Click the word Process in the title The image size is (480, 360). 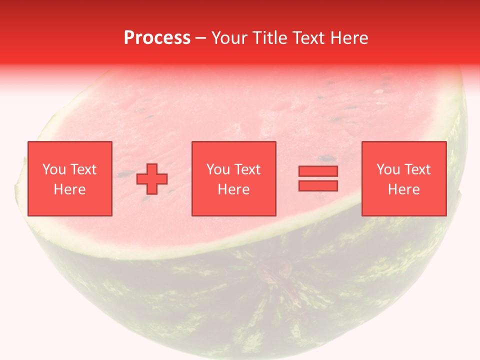[x=157, y=38]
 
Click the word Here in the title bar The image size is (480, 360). [x=350, y=38]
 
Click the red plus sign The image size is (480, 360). [x=152, y=179]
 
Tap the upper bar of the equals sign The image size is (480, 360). [x=318, y=171]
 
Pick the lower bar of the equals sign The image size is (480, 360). [x=318, y=185]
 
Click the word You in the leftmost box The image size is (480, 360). [x=53, y=169]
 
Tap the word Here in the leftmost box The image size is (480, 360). [x=69, y=189]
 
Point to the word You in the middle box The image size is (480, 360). [x=218, y=169]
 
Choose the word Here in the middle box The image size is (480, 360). [x=234, y=189]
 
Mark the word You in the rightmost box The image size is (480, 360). [x=388, y=169]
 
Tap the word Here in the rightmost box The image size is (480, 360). [x=404, y=189]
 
